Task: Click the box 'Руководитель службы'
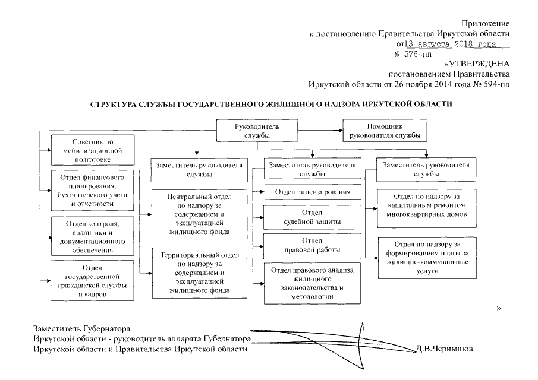[x=256, y=131]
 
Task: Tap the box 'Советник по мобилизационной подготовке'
[x=92, y=151]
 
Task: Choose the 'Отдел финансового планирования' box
[x=92, y=191]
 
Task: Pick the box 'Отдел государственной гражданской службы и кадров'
[x=92, y=280]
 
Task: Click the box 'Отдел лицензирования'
[x=312, y=192]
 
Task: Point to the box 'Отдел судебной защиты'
[x=312, y=217]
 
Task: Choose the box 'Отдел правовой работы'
[x=312, y=246]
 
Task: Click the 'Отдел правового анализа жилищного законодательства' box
[x=312, y=283]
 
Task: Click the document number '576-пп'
[x=416, y=54]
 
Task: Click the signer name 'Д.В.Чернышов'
[x=445, y=349]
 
